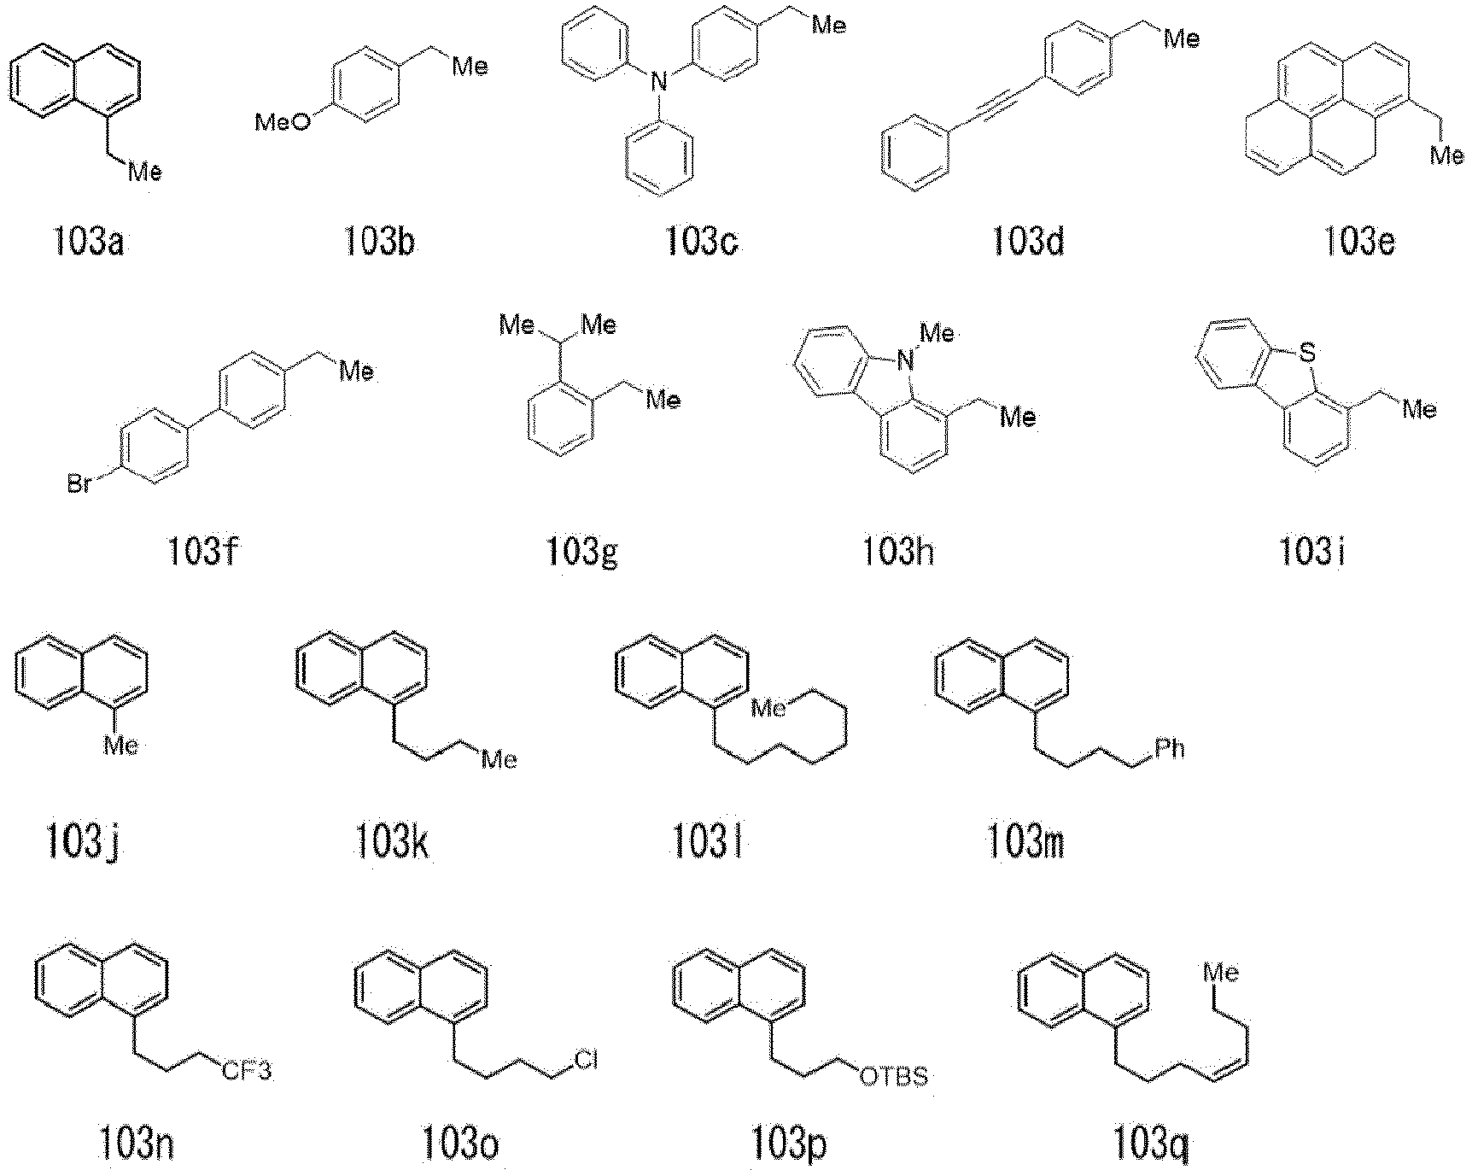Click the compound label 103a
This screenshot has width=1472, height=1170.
click(87, 243)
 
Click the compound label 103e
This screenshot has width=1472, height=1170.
click(1360, 243)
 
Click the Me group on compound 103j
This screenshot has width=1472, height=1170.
click(120, 746)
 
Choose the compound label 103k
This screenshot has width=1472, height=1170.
click(391, 843)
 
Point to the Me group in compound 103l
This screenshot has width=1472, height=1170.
click(768, 708)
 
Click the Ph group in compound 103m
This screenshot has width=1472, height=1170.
click(1169, 749)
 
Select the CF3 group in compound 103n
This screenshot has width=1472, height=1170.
click(248, 1070)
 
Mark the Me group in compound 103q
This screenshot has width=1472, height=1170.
click(1222, 972)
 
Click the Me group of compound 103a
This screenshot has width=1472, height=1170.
click(144, 173)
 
